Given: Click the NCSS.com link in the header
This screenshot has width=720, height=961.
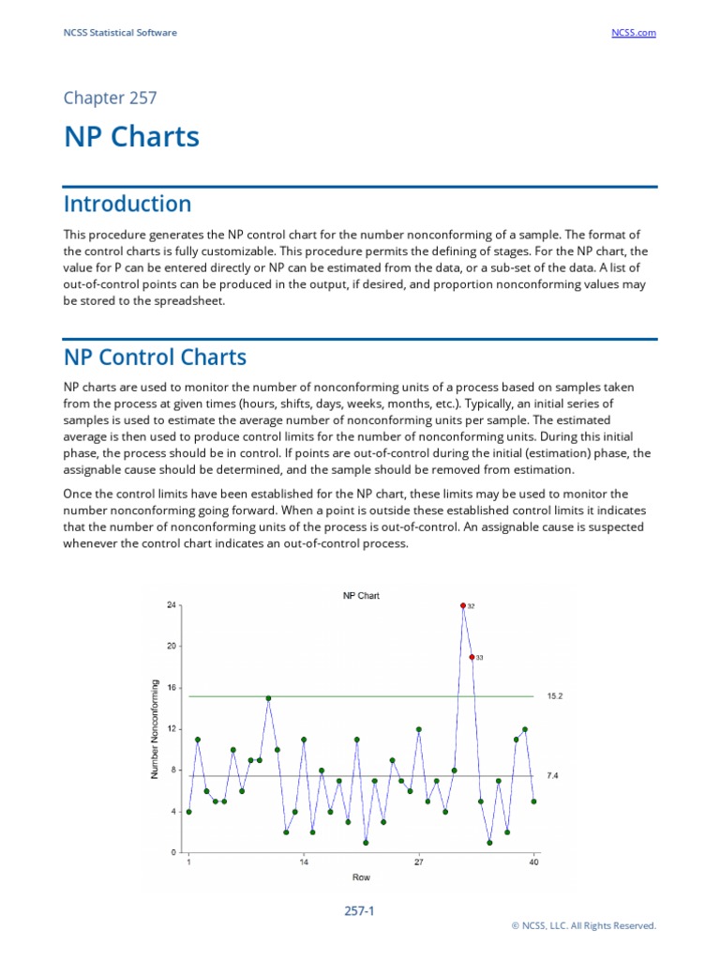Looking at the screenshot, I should (x=634, y=33).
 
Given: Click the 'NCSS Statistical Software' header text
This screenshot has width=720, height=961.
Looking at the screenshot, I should (x=120, y=33).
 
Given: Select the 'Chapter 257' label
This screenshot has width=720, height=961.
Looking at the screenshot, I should (x=110, y=98).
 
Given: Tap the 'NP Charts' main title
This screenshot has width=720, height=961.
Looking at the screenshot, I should (x=131, y=137).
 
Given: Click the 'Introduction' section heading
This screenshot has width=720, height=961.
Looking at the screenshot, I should (x=127, y=204).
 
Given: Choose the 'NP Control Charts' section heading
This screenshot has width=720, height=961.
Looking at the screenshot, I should (x=155, y=358).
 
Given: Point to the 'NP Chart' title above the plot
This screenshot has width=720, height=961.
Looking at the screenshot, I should (x=361, y=596).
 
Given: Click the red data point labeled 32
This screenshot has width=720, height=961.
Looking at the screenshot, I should (x=463, y=605).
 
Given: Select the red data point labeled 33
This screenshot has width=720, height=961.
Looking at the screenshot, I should (x=472, y=657).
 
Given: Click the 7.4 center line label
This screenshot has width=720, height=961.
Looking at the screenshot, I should (x=552, y=776).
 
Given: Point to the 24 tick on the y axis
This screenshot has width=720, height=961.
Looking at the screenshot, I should (x=172, y=605).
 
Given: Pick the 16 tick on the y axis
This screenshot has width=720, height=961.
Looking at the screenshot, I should (x=172, y=688).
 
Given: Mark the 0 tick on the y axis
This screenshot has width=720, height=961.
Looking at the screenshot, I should (x=173, y=853).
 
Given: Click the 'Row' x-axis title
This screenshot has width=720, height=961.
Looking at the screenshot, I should (x=361, y=877).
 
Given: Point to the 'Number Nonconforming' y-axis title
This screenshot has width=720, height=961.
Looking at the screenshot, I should (x=155, y=729).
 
